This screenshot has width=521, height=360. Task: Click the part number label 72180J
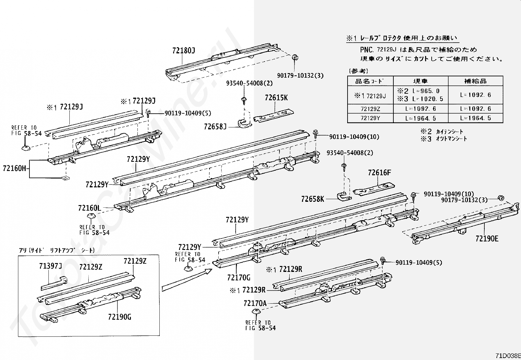coord(183,50)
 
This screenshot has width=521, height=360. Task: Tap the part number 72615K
coord(276,98)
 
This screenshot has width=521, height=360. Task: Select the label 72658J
coord(215,126)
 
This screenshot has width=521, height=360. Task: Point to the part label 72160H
coord(14,168)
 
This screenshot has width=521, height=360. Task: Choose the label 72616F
coord(379,173)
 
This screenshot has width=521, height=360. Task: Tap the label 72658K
coord(313,199)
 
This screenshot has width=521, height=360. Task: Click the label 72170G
coord(239,277)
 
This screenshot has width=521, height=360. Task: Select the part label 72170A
coord(255,303)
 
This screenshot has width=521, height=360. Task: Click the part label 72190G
coord(119,317)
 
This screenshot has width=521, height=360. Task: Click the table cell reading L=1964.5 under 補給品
coord(475,118)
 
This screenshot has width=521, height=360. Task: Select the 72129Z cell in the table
coord(370,109)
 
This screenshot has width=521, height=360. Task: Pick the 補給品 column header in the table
coord(475,81)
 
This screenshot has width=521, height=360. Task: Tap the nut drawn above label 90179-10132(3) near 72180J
coord(295,57)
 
